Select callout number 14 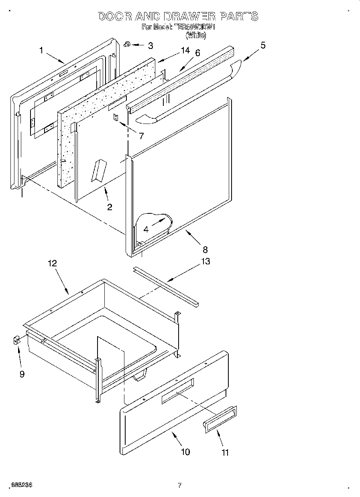point(185,51)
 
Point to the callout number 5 point(262,45)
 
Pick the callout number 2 point(109,207)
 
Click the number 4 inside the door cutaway point(146,229)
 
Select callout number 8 point(205,250)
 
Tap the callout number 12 point(52,264)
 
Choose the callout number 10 point(185,452)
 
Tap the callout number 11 point(225,452)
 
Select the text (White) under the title point(196,35)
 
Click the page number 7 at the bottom point(180,485)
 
